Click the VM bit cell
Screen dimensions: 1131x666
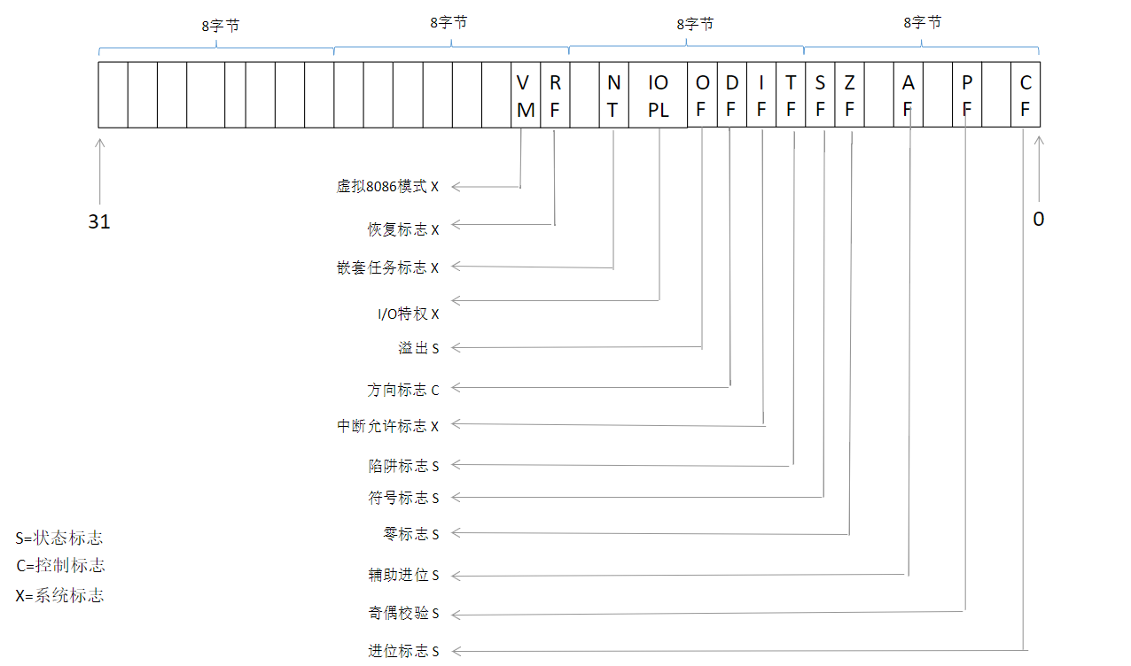(526, 96)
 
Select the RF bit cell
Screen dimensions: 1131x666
(555, 96)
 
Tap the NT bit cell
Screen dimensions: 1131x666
(613, 96)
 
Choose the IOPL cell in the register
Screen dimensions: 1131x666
(658, 96)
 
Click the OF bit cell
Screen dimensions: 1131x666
(702, 96)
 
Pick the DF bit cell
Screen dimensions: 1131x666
(731, 96)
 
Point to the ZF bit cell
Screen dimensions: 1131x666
(849, 96)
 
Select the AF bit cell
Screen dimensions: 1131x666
(908, 96)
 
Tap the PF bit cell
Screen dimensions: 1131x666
(967, 96)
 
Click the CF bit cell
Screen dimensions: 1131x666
(1026, 96)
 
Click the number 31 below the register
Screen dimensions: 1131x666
(99, 221)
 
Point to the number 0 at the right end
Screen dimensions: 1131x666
(1038, 219)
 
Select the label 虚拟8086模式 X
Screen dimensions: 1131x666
(387, 187)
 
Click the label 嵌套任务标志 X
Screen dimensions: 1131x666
(387, 267)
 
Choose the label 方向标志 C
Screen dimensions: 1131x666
(403, 390)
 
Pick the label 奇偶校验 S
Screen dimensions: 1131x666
(403, 614)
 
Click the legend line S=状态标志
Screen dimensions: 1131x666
(58, 538)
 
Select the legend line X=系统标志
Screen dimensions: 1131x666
(59, 595)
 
